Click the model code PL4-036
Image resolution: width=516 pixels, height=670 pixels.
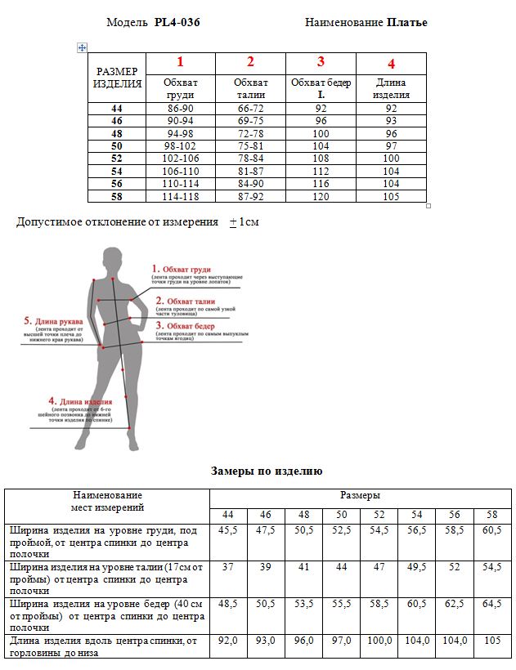(177, 22)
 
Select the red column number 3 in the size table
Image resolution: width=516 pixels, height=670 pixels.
(321, 62)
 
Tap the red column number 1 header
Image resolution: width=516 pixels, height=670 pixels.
(180, 62)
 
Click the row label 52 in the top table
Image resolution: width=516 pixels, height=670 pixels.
(116, 159)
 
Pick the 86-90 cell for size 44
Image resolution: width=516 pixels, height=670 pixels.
(180, 108)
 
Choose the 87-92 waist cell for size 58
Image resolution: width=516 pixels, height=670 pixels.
(250, 196)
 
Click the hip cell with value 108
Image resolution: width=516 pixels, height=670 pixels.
(321, 159)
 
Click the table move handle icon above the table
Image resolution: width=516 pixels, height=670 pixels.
(82, 47)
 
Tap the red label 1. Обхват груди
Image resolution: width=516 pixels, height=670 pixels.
(182, 268)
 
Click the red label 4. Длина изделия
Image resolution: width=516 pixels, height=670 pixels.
(80, 401)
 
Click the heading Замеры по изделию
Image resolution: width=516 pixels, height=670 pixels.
(267, 471)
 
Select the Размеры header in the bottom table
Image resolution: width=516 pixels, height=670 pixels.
(361, 495)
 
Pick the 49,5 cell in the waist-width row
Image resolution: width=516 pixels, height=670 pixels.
(416, 566)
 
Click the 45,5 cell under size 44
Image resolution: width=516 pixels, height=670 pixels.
(227, 531)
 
